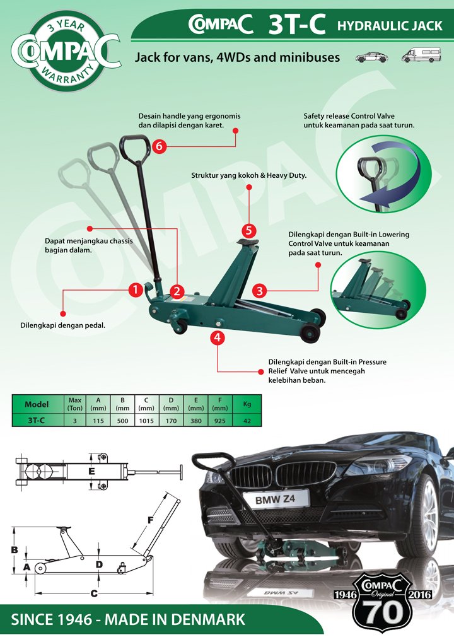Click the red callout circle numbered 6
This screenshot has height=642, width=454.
click(159, 146)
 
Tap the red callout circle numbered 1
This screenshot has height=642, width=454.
click(134, 290)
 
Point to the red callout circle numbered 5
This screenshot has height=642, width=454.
click(249, 230)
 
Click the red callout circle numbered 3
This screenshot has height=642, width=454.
click(260, 291)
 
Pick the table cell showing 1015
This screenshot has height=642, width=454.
click(146, 419)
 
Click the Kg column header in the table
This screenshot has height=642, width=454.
click(238, 403)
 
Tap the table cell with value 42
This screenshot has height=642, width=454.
click(238, 419)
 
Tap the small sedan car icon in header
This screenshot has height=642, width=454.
click(371, 57)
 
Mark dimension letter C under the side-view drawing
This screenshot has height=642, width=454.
click(94, 593)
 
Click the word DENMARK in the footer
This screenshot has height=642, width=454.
click(207, 619)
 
